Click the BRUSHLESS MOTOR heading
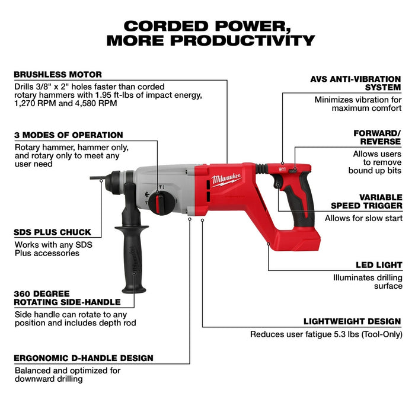pos(58,75)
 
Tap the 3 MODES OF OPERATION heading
pos(68,135)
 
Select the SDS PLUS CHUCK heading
pos(52,232)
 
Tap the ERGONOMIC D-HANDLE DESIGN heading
pos(84,358)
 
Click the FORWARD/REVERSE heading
pos(378,138)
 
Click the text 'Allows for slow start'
pos(363,218)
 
